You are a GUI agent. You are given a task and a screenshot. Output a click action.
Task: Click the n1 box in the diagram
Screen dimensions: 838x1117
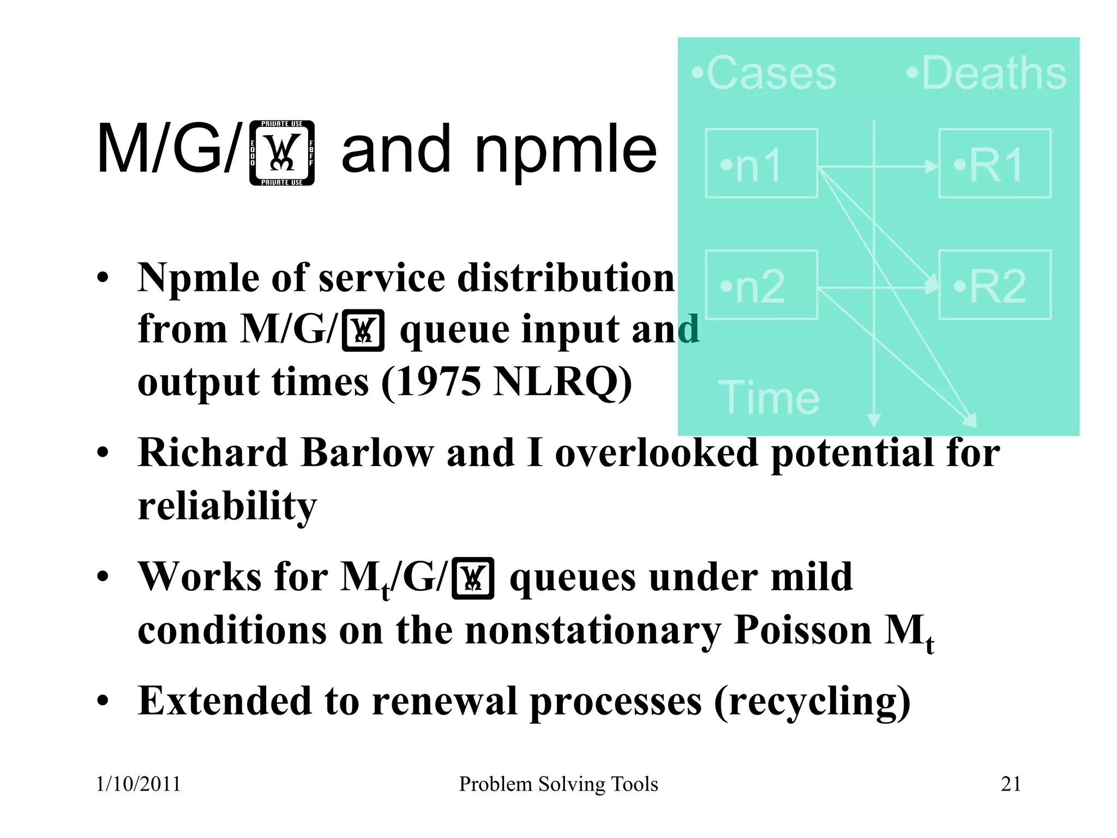(x=761, y=163)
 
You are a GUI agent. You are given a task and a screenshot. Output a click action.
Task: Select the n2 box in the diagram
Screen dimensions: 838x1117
(x=761, y=285)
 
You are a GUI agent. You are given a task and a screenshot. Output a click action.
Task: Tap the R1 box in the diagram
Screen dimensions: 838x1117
(x=994, y=163)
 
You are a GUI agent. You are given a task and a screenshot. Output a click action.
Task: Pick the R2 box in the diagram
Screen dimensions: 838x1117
(x=994, y=285)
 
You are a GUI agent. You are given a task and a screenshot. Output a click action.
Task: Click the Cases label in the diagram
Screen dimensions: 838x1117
(x=764, y=73)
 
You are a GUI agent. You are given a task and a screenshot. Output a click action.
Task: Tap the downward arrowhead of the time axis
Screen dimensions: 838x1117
(x=874, y=420)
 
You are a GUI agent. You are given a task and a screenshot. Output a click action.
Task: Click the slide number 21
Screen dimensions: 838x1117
(x=1011, y=784)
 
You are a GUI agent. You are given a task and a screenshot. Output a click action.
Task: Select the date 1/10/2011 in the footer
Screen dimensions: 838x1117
(x=138, y=784)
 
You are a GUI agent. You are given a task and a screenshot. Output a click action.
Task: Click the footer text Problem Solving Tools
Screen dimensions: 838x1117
(x=558, y=784)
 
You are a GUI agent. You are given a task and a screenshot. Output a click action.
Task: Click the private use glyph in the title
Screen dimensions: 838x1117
(x=282, y=153)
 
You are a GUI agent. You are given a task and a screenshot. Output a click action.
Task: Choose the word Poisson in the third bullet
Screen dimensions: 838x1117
(x=802, y=630)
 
